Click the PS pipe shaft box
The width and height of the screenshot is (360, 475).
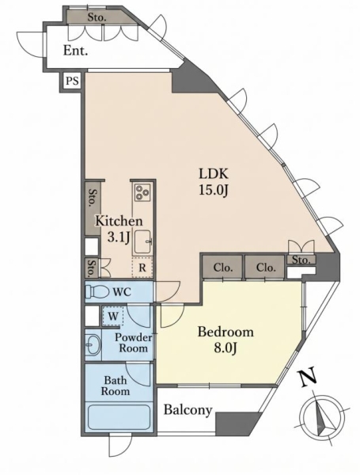72,81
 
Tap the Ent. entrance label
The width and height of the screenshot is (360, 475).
75,51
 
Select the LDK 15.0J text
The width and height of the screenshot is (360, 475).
213,182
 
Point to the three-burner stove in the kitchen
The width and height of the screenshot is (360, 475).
142,192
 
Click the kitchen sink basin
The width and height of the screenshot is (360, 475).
142,242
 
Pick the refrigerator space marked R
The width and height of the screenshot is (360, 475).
142,268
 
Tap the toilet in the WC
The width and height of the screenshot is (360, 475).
97,292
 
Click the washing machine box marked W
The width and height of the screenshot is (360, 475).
113,316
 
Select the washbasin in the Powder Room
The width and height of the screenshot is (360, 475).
93,345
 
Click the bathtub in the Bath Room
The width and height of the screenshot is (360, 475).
119,416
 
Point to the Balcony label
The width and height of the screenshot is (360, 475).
188,410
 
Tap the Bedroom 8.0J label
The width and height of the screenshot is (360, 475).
225,340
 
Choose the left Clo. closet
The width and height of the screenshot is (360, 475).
222,268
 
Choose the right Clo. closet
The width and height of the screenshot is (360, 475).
265,268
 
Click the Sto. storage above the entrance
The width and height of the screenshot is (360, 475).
97,17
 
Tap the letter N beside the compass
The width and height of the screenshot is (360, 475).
309,377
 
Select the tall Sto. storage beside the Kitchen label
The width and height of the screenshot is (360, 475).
93,207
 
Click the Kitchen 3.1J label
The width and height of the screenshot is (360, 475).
119,230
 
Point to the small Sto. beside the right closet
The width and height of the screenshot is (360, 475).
301,260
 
